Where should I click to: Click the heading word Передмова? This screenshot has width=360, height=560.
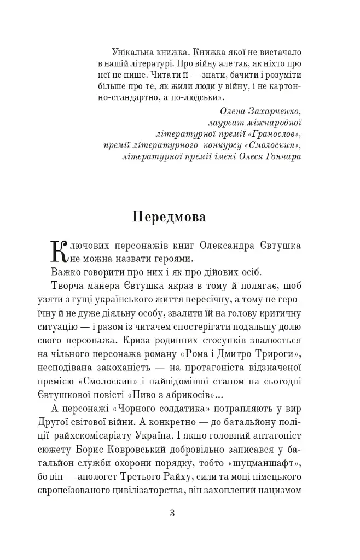point(169,217)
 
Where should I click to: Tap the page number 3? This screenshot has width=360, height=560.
point(172,513)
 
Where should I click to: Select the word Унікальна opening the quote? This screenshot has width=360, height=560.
point(132,51)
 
